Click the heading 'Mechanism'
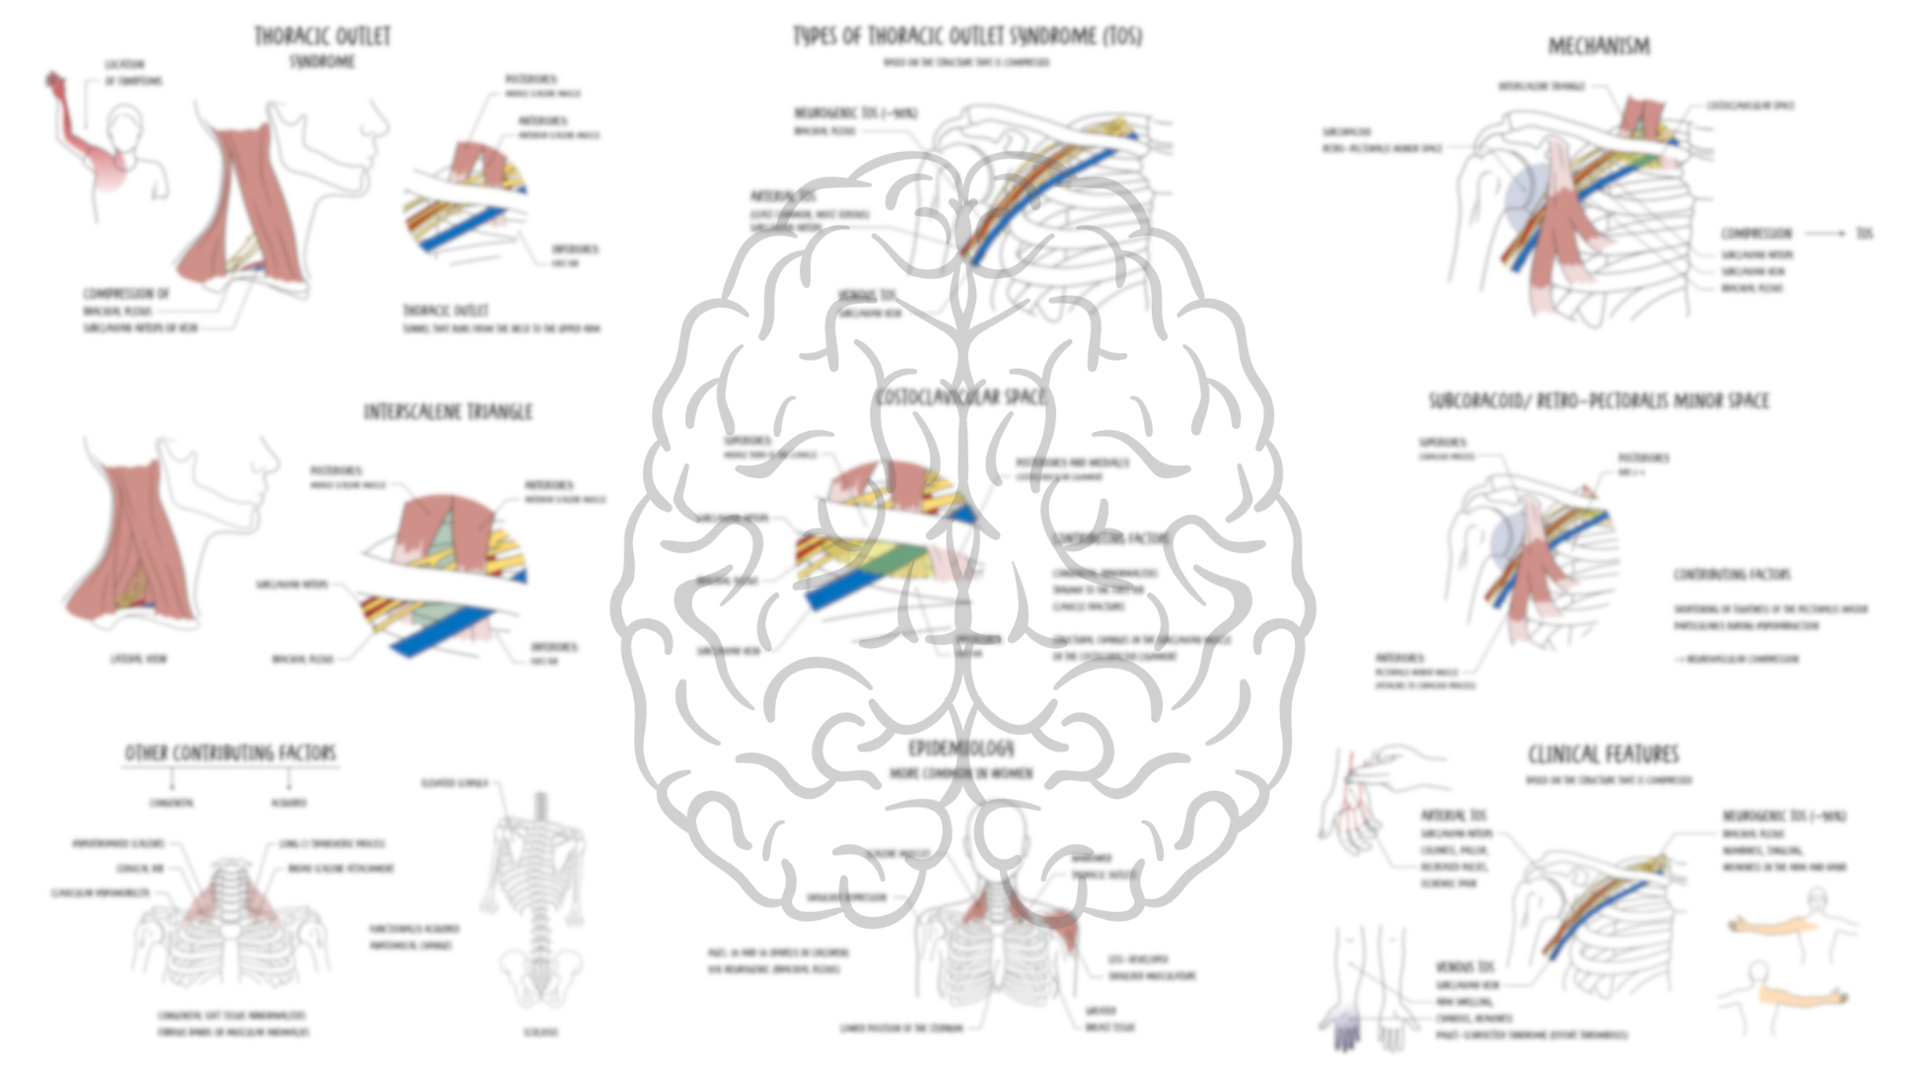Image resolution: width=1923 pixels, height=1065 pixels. click(1598, 45)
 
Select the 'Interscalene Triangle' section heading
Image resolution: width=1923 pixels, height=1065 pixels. click(448, 411)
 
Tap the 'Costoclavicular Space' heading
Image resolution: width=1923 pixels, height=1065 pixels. click(959, 396)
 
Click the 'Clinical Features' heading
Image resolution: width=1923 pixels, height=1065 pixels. click(1602, 755)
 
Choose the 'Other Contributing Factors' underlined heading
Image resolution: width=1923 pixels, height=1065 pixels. click(230, 753)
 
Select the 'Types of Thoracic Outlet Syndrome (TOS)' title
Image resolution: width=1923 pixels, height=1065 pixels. click(967, 36)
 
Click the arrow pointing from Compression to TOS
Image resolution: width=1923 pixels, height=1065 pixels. click(1824, 234)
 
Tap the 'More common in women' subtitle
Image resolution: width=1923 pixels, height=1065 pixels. click(961, 774)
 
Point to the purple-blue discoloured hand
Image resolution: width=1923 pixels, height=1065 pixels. click(1345, 1031)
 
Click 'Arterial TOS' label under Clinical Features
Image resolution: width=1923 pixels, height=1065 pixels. click(1453, 816)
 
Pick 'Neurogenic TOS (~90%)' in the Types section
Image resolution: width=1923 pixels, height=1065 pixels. click(855, 113)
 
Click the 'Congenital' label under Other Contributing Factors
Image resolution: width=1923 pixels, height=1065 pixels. click(172, 804)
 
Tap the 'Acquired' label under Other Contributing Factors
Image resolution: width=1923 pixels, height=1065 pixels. click(288, 804)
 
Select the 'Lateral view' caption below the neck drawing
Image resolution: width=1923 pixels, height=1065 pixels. click(138, 658)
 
